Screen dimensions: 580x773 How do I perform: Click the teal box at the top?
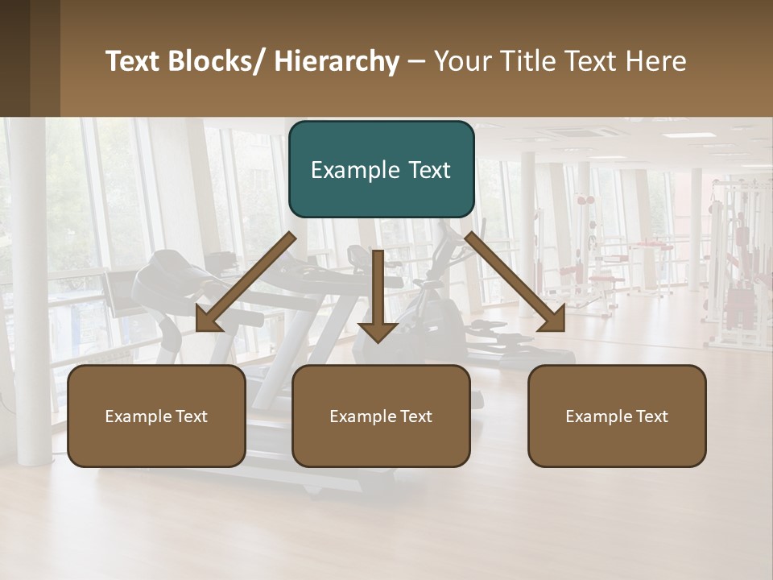tap(381, 169)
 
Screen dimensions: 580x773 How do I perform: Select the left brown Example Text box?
tap(156, 416)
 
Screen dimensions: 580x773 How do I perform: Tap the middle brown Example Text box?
tap(381, 416)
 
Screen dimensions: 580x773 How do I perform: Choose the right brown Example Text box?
tap(617, 416)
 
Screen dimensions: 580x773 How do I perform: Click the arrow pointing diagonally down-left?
tap(246, 282)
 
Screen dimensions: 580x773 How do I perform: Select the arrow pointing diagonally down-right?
tap(515, 282)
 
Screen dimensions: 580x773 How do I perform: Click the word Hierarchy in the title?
tap(337, 61)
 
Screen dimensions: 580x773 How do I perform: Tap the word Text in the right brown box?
tap(651, 416)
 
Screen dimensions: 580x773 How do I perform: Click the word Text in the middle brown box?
tap(415, 416)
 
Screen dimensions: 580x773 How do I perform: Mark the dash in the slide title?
tap(415, 62)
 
